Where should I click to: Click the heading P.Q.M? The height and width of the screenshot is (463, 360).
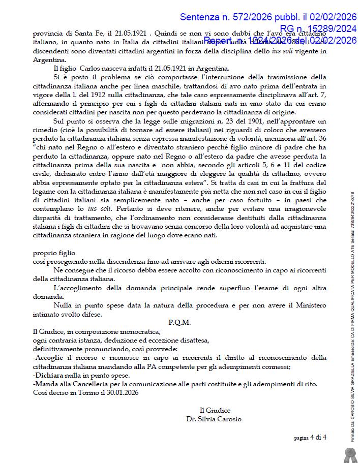click(x=179, y=322)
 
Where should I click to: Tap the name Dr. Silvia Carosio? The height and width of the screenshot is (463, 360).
click(x=215, y=419)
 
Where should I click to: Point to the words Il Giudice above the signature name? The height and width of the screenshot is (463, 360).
click(x=215, y=410)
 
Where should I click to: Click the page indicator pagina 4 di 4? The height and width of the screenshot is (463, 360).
click(x=310, y=437)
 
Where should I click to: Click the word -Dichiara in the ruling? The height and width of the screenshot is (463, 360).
click(x=47, y=375)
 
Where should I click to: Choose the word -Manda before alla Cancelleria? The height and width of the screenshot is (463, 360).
click(x=45, y=384)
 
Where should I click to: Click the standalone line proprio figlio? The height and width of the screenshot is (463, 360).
click(x=54, y=253)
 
